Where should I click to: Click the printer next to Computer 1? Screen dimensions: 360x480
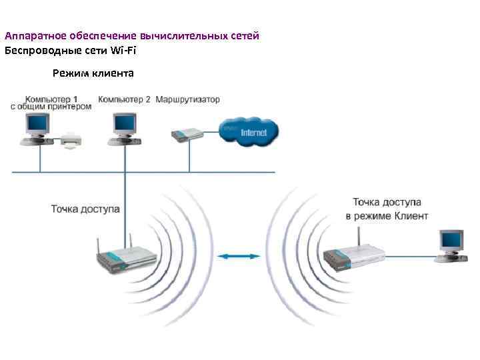click(71, 141)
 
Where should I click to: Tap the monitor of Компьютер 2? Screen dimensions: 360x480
click(124, 123)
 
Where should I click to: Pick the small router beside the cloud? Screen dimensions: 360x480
click(187, 135)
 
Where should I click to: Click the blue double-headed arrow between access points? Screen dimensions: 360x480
click(241, 255)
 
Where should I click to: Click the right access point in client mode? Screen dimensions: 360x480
click(353, 256)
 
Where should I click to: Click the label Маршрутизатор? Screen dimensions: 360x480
click(187, 100)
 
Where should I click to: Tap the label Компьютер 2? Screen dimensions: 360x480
click(125, 100)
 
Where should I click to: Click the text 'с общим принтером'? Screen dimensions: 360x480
click(51, 107)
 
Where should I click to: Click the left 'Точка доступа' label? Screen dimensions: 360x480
click(85, 209)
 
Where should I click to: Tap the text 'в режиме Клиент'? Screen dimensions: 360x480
click(387, 216)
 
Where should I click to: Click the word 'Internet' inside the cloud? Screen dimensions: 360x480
click(253, 133)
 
